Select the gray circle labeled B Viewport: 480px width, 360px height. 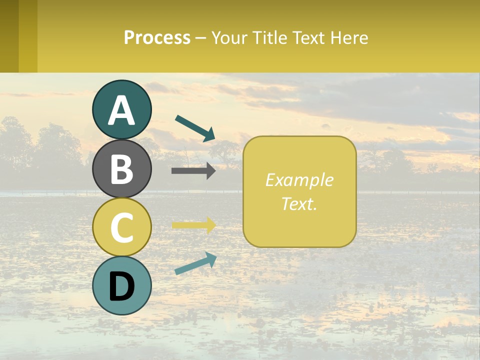[122, 168]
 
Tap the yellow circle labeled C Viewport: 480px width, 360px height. [122, 227]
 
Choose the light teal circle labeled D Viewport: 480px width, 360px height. [122, 285]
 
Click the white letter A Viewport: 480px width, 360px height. [122, 110]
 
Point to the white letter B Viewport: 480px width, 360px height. [122, 169]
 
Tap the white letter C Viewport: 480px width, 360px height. [122, 228]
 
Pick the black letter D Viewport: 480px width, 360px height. [122, 286]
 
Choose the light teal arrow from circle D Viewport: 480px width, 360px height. [195, 263]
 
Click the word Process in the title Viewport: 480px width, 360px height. [157, 37]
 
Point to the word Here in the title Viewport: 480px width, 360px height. [349, 37]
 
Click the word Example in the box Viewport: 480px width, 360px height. [299, 180]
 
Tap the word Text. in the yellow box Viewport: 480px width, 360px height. [299, 203]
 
